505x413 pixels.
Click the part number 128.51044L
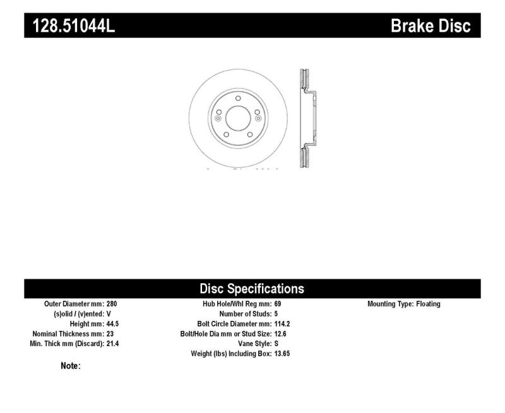coord(73,26)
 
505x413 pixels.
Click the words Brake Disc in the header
coord(431,26)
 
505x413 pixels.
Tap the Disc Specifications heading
coord(252,289)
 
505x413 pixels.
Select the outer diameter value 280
coord(112,304)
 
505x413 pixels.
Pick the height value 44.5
coord(113,324)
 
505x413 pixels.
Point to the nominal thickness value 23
coord(110,334)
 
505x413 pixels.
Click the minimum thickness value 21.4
coord(113,344)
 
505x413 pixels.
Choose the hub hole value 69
coord(278,304)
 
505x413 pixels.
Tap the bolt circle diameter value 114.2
coord(282,324)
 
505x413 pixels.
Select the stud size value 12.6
coord(280,334)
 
